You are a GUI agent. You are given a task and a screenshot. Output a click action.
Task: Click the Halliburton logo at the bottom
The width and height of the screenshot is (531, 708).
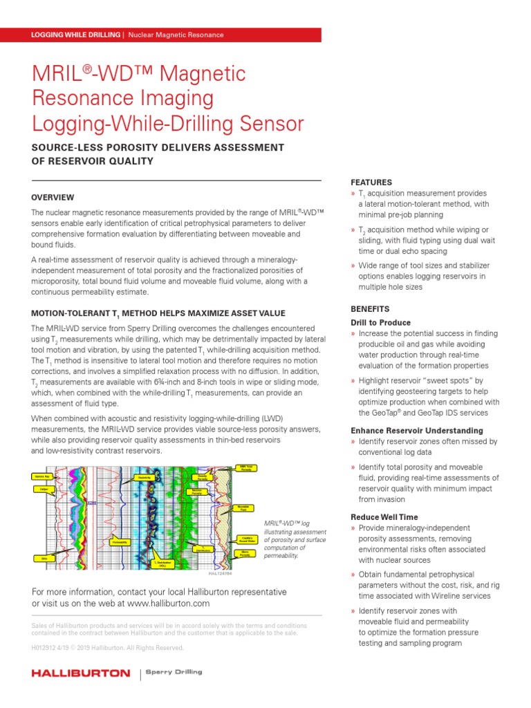coord(81,673)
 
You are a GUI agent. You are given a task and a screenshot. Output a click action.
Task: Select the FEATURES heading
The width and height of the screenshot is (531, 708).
coord(371,183)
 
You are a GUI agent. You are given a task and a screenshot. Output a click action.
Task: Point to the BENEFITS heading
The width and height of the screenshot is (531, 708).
coord(370,309)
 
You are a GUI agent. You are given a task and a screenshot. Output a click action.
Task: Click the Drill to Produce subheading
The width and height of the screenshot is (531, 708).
coord(380,323)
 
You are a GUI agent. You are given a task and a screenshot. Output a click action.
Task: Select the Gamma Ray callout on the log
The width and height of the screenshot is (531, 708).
coord(41,477)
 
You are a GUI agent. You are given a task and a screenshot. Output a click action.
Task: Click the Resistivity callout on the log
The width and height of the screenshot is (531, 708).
coord(145,478)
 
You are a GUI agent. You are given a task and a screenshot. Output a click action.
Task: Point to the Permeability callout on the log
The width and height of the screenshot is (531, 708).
coord(120,542)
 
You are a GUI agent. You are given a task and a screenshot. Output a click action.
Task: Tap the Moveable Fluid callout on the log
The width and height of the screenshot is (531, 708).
coord(243,507)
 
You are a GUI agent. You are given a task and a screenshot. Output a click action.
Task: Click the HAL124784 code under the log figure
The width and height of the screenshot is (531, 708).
coord(219,573)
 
